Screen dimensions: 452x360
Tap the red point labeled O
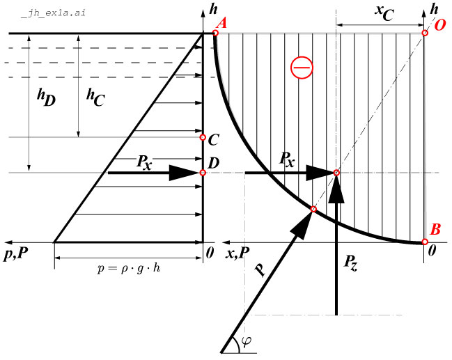point(426,33)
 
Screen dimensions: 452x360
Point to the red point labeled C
point(203,137)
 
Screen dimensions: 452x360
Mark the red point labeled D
point(203,173)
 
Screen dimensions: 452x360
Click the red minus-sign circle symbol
point(302,68)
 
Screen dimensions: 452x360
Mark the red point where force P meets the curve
point(313,210)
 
